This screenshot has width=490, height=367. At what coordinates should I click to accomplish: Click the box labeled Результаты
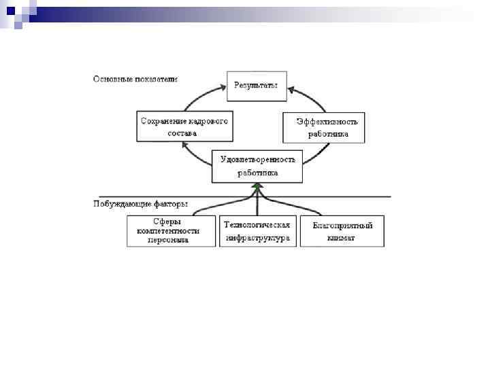(x=256, y=86)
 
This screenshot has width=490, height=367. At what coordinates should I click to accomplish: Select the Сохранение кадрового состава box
(x=183, y=127)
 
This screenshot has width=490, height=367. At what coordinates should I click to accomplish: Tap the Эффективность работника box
(x=324, y=127)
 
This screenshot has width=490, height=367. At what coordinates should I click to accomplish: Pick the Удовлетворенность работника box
(x=257, y=166)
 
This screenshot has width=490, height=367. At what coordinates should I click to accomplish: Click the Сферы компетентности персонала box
(x=171, y=231)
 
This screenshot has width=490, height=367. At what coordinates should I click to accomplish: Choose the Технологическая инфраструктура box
(x=258, y=231)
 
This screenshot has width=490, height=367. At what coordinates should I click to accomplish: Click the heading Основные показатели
(x=135, y=79)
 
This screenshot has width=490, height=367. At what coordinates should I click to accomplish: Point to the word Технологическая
(x=258, y=225)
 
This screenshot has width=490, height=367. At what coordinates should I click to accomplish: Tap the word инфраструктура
(x=258, y=238)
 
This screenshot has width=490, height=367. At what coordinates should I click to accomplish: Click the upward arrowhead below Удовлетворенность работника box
(x=257, y=186)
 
